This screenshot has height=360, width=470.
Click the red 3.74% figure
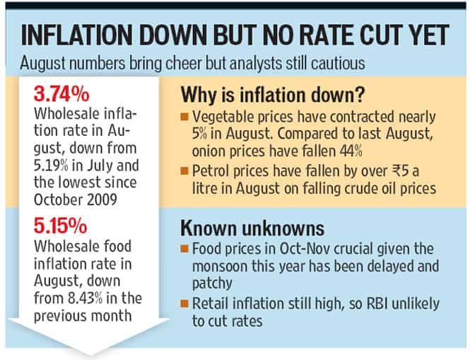(61, 94)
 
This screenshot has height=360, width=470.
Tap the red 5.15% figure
(61, 226)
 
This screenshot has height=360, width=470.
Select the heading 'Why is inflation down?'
(273, 95)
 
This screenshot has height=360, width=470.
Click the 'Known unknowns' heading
(252, 228)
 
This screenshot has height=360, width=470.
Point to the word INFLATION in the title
(77, 35)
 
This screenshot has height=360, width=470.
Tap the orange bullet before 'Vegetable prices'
(184, 117)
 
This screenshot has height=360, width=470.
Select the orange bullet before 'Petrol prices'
(184, 171)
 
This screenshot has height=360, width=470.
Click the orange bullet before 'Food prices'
(184, 249)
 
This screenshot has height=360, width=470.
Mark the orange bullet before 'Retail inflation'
(184, 303)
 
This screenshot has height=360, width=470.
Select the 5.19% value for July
(51, 166)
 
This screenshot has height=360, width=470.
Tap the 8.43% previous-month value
(86, 298)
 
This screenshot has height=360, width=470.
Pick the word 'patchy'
(212, 284)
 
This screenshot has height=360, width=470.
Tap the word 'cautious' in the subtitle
(338, 64)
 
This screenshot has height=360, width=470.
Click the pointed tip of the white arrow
(89, 354)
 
